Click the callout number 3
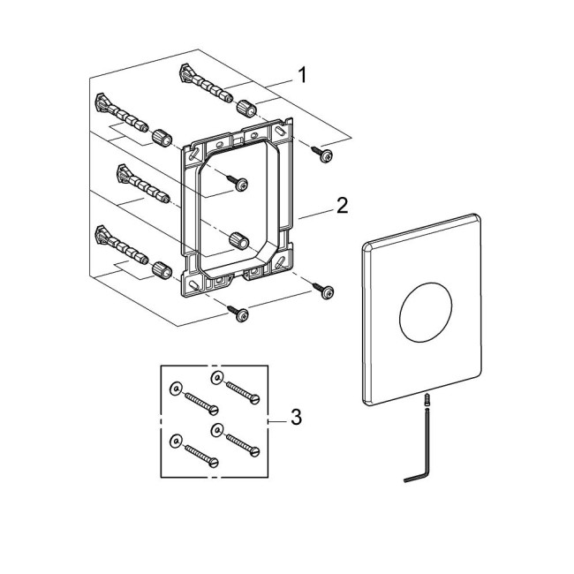click(x=296, y=418)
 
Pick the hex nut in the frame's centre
click(x=238, y=240)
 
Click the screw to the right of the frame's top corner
click(x=325, y=155)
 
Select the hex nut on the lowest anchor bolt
click(x=162, y=269)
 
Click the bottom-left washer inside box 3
click(x=176, y=439)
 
